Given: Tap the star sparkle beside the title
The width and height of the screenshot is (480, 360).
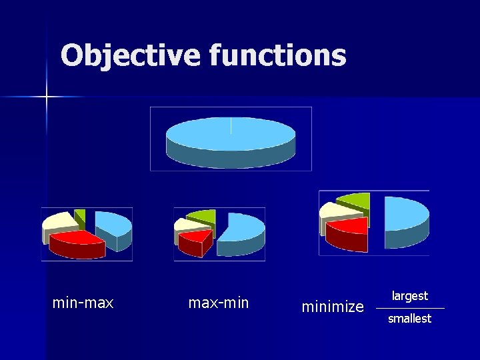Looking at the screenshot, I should coord(47,97).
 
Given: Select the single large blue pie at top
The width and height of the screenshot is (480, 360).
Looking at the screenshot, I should coord(230,137).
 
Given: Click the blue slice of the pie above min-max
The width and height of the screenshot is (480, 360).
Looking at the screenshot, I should coord(113,225).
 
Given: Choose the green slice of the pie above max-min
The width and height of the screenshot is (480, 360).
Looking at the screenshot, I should coord(203,216).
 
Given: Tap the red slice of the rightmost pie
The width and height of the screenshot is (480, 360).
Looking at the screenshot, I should coord(348,231).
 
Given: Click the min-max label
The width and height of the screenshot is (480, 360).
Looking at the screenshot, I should coord(83,303).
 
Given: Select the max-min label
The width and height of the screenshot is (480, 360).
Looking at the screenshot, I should coord(218,303).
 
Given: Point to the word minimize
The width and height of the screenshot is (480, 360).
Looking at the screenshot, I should coord(333,307).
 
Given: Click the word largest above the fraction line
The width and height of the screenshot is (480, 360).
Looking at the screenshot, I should coord(409,296).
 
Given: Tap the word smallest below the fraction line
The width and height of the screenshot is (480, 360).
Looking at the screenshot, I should coord(409,319).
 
